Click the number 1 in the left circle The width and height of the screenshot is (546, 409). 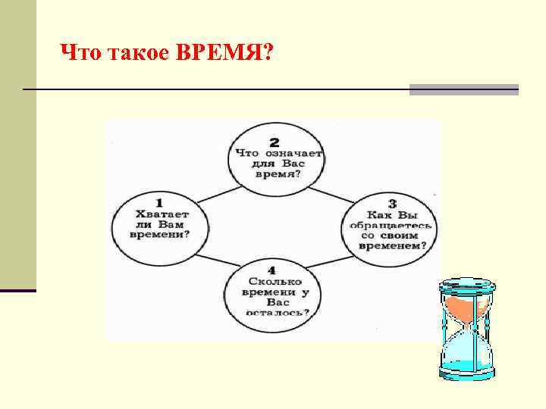158,203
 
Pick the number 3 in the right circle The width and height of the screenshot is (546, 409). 391,203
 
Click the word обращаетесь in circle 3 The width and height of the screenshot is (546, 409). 391,225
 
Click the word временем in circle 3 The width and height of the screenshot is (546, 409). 391,245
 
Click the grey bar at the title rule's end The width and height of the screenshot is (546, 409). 463,89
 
